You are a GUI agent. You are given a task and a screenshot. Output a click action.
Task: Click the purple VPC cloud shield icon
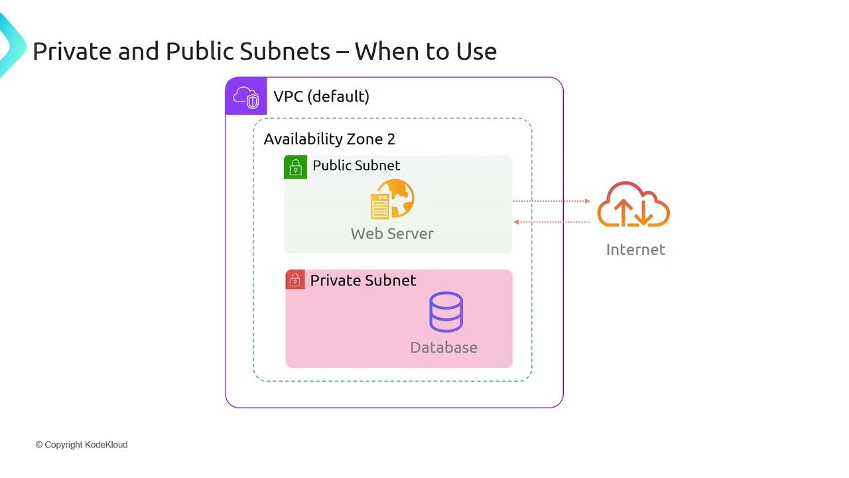click(x=245, y=96)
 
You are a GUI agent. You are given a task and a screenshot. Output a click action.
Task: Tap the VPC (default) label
click(x=321, y=96)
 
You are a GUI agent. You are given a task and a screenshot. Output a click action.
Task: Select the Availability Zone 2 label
click(x=329, y=139)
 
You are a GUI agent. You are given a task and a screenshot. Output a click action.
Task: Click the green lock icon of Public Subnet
click(x=295, y=167)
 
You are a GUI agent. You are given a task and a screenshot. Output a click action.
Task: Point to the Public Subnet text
click(x=356, y=165)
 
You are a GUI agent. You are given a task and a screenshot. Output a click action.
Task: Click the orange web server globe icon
click(x=392, y=199)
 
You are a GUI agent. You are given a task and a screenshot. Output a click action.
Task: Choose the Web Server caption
click(x=392, y=234)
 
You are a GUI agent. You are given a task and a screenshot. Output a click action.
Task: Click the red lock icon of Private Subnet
click(x=295, y=280)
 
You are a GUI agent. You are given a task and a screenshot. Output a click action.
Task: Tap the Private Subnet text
click(x=363, y=280)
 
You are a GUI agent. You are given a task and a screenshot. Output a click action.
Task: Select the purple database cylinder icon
click(x=446, y=312)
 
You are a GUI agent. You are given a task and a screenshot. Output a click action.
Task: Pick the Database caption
click(x=444, y=347)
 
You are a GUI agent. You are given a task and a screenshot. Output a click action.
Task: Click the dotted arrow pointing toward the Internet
click(x=552, y=200)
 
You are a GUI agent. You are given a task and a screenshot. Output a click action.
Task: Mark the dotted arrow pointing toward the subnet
click(x=552, y=222)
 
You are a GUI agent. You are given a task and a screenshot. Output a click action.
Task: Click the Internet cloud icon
click(x=633, y=205)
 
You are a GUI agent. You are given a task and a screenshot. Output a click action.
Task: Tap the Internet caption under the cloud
click(x=635, y=250)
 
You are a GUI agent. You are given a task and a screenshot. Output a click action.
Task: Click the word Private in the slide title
click(x=72, y=51)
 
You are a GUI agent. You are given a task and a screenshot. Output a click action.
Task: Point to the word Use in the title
click(x=474, y=51)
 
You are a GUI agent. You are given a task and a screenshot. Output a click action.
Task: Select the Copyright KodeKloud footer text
click(x=82, y=445)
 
